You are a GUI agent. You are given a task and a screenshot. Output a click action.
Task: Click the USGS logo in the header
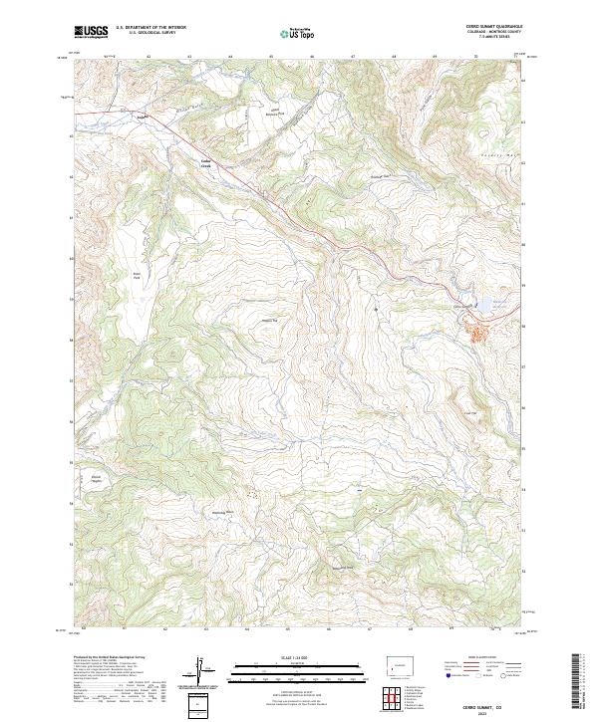click(91, 33)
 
